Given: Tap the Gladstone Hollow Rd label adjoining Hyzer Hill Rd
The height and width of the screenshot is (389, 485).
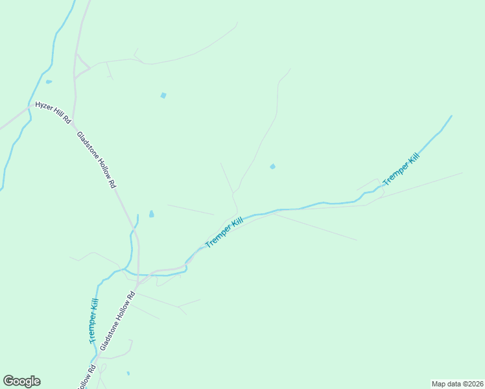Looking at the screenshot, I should (x=96, y=160).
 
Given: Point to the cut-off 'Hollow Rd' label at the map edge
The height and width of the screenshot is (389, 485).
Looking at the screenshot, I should (x=87, y=377).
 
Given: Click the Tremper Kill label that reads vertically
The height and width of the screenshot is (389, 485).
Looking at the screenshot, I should (x=94, y=321).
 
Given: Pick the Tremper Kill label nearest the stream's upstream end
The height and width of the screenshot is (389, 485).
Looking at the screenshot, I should (x=401, y=169).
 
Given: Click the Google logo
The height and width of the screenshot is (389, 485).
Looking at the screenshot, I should (x=21, y=381).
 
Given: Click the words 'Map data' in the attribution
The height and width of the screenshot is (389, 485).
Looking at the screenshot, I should (x=445, y=384).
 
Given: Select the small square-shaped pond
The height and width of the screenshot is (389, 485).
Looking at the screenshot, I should (x=163, y=95).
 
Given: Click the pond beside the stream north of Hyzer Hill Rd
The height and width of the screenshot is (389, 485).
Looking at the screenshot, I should (x=49, y=82).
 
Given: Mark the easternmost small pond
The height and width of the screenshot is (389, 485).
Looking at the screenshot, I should (x=272, y=167).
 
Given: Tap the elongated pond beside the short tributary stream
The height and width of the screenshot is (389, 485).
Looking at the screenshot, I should (x=151, y=213).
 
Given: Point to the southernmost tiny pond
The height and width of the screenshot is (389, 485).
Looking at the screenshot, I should (x=128, y=373).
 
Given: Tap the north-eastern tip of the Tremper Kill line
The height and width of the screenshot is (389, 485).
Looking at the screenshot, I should (x=451, y=116).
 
